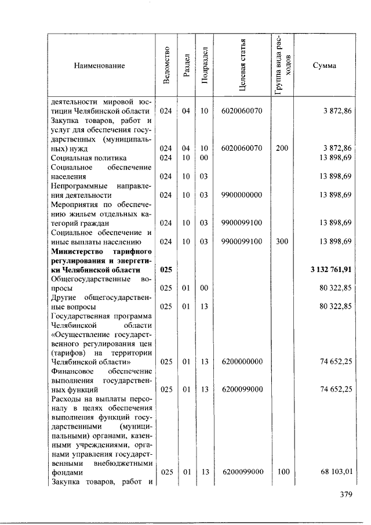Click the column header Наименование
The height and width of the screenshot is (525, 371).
click(100, 66)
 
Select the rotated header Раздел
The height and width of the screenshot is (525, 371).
click(185, 65)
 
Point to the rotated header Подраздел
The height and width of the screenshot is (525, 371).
click(205, 65)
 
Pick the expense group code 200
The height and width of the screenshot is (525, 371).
click(282, 148)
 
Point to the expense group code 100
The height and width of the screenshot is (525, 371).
click(282, 472)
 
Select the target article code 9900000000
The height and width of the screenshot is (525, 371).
click(242, 195)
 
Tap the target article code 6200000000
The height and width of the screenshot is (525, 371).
click(242, 361)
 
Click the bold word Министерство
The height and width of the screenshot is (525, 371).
click(78, 252)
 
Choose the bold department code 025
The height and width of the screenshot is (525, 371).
click(166, 270)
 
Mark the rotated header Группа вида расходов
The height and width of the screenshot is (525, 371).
click(283, 65)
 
